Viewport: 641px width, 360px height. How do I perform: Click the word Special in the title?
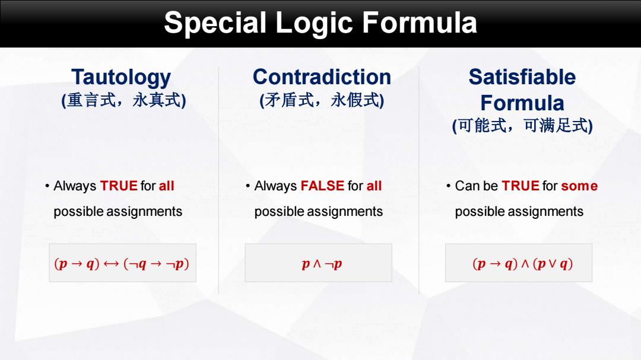coord(215,23)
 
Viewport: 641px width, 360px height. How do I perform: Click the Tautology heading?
coord(121,78)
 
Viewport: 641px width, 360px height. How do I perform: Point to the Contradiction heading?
coord(322,77)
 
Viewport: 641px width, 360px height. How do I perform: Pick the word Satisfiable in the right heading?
coord(522,77)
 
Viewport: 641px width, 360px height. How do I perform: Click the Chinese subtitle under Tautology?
coord(123,100)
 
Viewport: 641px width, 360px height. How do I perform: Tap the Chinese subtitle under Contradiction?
coord(322,100)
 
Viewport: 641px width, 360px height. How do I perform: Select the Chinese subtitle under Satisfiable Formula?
coord(522,126)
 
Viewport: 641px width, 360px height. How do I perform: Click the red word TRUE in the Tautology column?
coord(119,186)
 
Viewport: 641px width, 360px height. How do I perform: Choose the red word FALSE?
coord(322,186)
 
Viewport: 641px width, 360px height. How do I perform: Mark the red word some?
coord(579,186)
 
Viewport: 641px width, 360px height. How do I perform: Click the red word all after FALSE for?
coord(374,186)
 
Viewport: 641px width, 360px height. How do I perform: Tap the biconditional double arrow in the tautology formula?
coord(111,264)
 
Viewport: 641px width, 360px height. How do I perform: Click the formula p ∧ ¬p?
coord(322,264)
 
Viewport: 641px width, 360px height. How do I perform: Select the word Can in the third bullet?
coord(467,186)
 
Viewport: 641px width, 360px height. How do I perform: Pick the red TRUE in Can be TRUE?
coord(521,186)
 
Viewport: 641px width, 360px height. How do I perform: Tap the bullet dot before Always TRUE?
coord(47,186)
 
